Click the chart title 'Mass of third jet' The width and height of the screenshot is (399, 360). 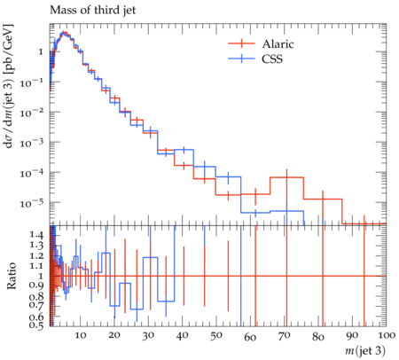[x=92, y=11]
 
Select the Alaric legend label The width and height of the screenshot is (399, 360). [x=278, y=44]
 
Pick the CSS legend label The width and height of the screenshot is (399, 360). [x=272, y=59]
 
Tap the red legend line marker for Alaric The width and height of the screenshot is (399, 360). [x=241, y=43]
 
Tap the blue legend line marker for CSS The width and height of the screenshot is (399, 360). [x=241, y=59]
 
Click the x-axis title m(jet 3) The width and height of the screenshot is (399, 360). [x=365, y=350]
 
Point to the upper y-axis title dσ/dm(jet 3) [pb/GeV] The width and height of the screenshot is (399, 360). [x=8, y=86]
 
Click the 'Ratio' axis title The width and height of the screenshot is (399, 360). [x=12, y=276]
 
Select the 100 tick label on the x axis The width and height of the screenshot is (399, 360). [x=385, y=335]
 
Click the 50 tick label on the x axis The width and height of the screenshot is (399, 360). [x=216, y=335]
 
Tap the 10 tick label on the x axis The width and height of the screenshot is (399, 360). [x=81, y=335]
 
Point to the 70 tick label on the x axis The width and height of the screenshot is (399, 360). [x=284, y=335]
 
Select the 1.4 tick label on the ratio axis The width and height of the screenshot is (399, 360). [x=36, y=235]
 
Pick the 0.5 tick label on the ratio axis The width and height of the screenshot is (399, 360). [x=36, y=325]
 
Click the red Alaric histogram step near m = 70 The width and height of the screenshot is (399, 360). [x=286, y=177]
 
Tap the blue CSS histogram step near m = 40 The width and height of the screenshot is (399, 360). [x=184, y=150]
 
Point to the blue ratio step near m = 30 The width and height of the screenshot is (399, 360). [x=150, y=258]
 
